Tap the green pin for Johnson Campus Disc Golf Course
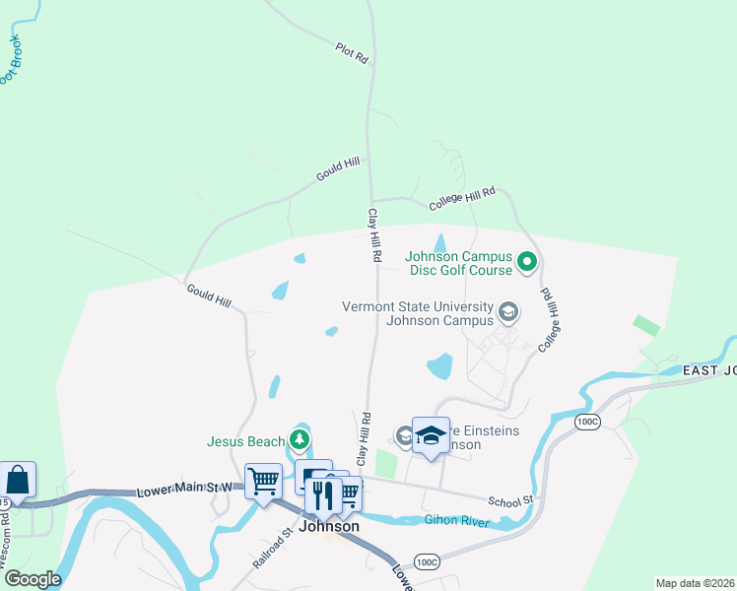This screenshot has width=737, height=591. (526, 262)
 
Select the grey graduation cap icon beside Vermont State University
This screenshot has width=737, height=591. (507, 313)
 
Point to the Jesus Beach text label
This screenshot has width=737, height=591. (244, 442)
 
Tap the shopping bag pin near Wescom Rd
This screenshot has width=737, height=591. (18, 480)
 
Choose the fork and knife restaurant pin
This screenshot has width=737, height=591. (322, 495)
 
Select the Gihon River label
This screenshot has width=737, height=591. (456, 520)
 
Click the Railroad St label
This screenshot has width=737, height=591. (273, 550)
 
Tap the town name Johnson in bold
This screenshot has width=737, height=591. (329, 527)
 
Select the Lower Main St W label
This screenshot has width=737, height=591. (185, 489)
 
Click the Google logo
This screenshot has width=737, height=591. (32, 579)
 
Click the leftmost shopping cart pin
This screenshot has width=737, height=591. (263, 482)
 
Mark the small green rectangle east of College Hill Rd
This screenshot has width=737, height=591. (646, 324)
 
